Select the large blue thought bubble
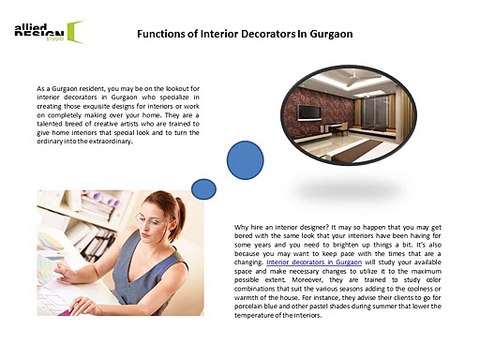[x=247, y=160]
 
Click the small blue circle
[x=204, y=188]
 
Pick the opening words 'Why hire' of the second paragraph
[x=248, y=227]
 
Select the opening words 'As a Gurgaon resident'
[x=71, y=90]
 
